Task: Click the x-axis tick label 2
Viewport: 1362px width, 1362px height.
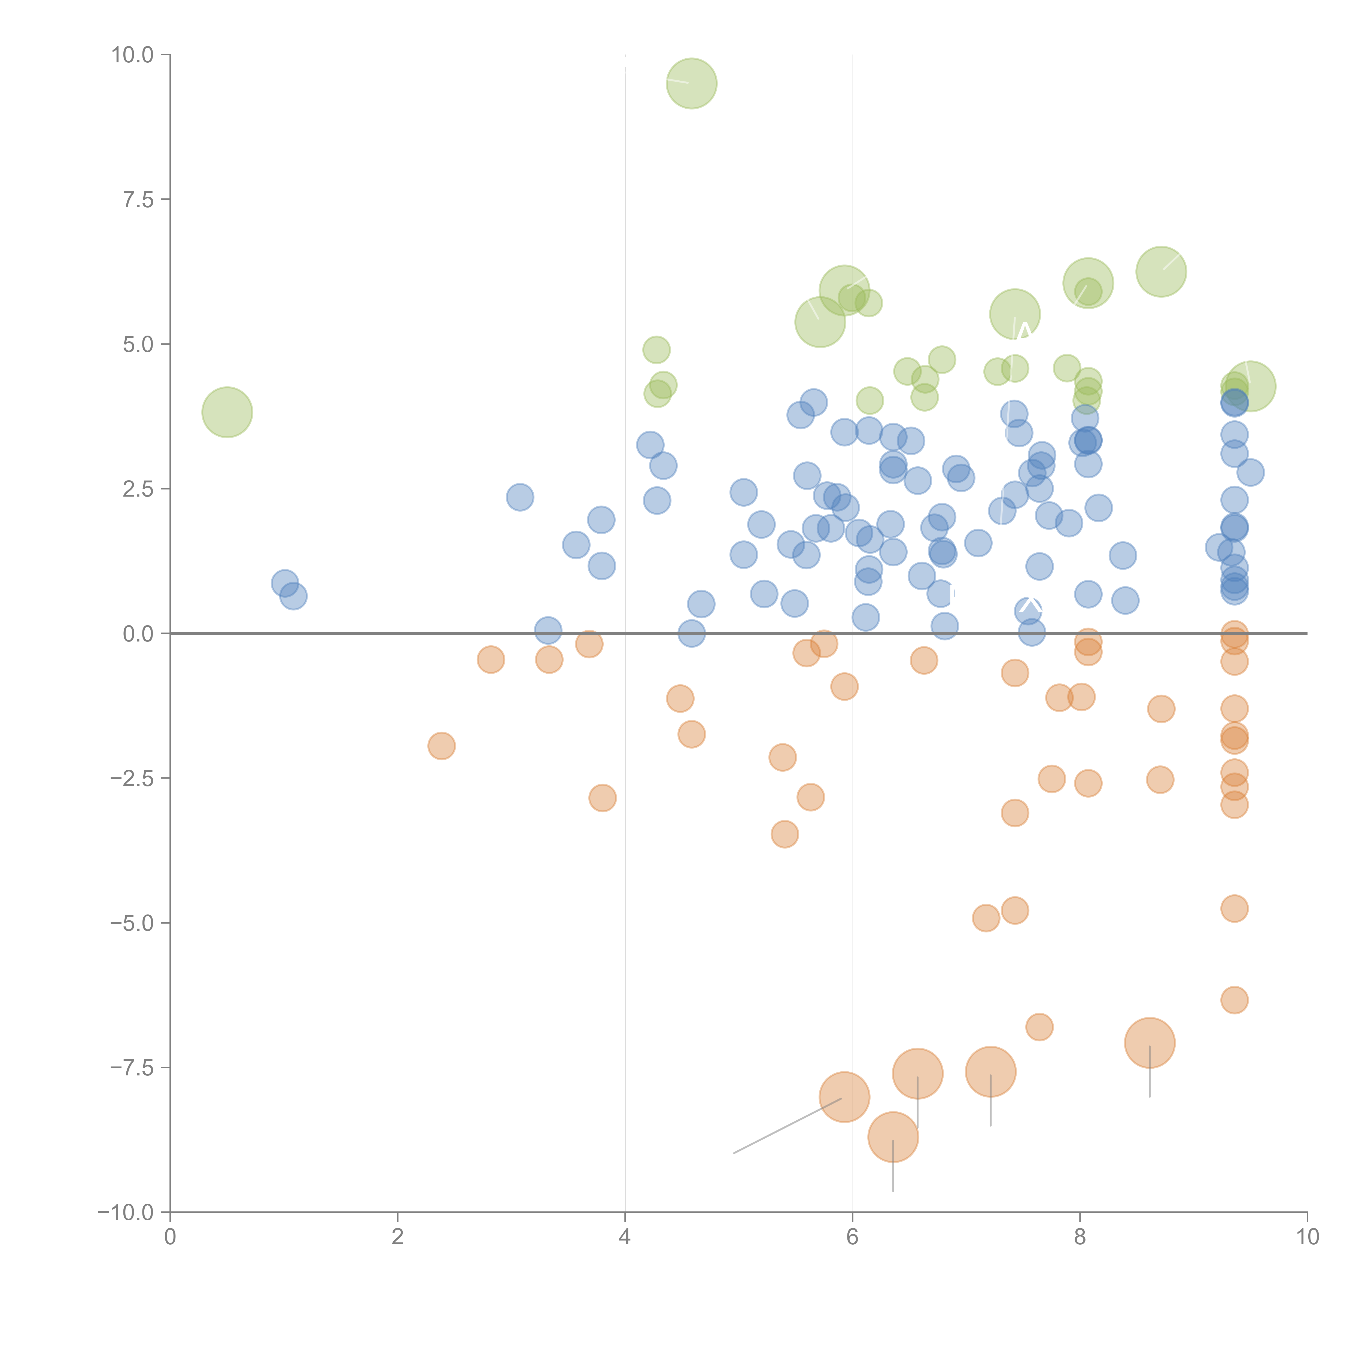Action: pyautogui.click(x=398, y=1237)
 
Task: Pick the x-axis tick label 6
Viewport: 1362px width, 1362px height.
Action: pyautogui.click(x=852, y=1237)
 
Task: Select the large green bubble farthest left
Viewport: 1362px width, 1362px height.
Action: pyautogui.click(x=227, y=412)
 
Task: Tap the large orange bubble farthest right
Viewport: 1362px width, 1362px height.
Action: pyautogui.click(x=1150, y=1043)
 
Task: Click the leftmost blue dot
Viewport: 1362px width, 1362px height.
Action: pyautogui.click(x=284, y=583)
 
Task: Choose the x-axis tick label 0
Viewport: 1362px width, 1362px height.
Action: pyautogui.click(x=170, y=1237)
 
